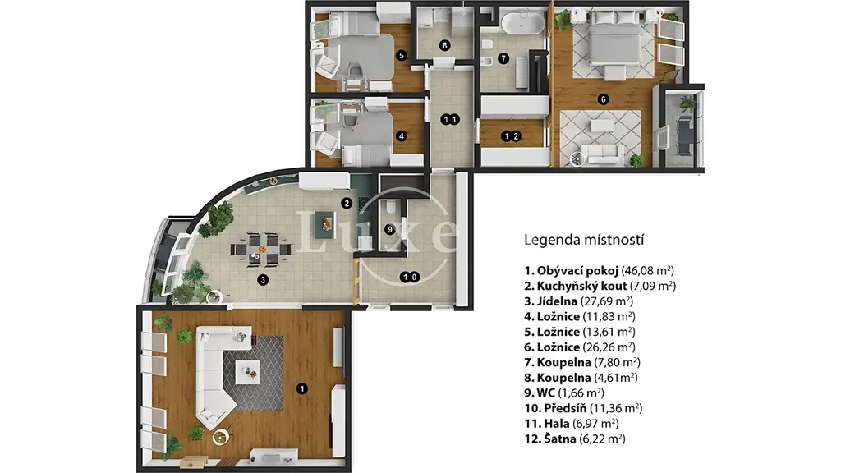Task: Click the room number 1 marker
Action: (x=302, y=388)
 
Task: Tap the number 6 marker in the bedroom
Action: (x=604, y=99)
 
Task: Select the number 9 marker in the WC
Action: (x=390, y=230)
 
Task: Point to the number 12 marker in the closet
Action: (x=511, y=136)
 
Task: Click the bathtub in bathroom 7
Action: (x=522, y=24)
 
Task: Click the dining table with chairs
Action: (x=262, y=250)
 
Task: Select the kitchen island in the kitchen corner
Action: (x=325, y=221)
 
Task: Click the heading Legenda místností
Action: (x=584, y=240)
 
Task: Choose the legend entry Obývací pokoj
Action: (x=599, y=271)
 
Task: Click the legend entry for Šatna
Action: (x=575, y=439)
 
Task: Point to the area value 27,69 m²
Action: (x=607, y=301)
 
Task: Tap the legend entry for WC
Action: (x=564, y=393)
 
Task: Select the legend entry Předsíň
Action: (x=584, y=408)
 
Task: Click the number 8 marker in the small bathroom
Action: (x=444, y=46)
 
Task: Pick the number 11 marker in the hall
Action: (x=449, y=120)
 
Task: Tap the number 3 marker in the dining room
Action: (x=262, y=279)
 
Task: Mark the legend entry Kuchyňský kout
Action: (x=600, y=286)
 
